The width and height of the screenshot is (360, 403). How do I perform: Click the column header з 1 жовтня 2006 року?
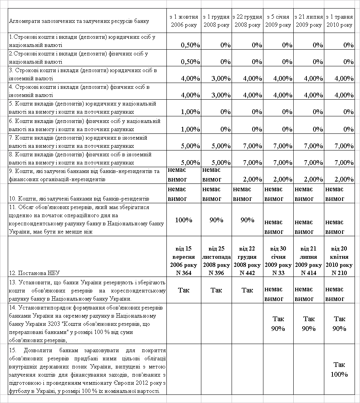184,21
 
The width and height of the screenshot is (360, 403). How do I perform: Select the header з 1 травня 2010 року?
339,21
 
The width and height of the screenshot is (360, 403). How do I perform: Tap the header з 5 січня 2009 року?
278,21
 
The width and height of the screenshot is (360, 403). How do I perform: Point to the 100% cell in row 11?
184,220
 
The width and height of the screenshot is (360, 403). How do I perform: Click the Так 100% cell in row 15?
339,369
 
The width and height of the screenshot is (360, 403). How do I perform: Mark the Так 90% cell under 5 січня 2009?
278,323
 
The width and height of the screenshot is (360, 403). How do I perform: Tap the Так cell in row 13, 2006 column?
184,290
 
